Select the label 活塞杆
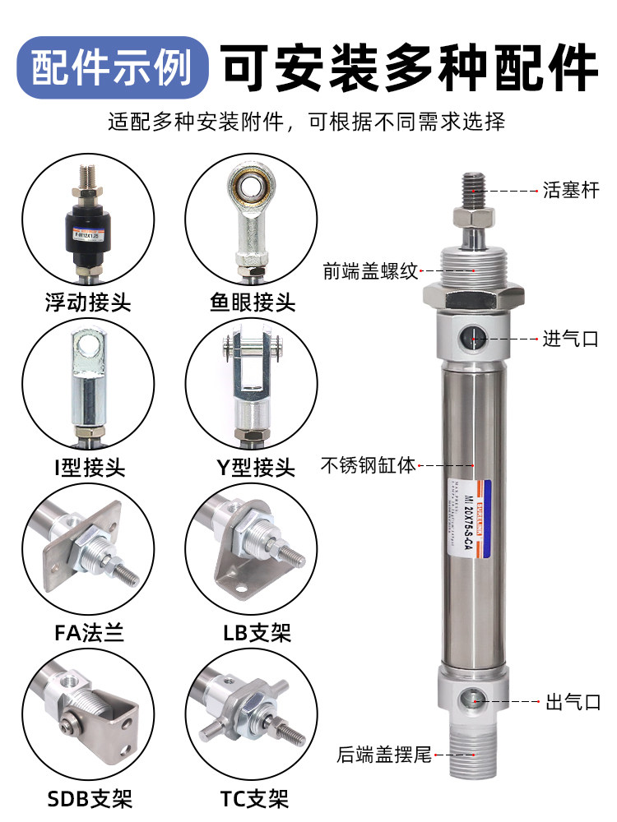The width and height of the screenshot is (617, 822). (x=571, y=192)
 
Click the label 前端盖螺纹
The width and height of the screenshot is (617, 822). (x=370, y=270)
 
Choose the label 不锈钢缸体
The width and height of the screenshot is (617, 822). (x=368, y=466)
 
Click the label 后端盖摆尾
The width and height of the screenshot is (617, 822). (x=384, y=755)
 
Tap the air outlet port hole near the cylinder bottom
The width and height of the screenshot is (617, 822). (x=473, y=700)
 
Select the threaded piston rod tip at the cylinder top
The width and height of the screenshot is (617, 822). (x=474, y=187)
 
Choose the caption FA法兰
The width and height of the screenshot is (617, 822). (x=88, y=633)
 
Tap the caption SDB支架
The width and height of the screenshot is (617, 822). (x=88, y=797)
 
